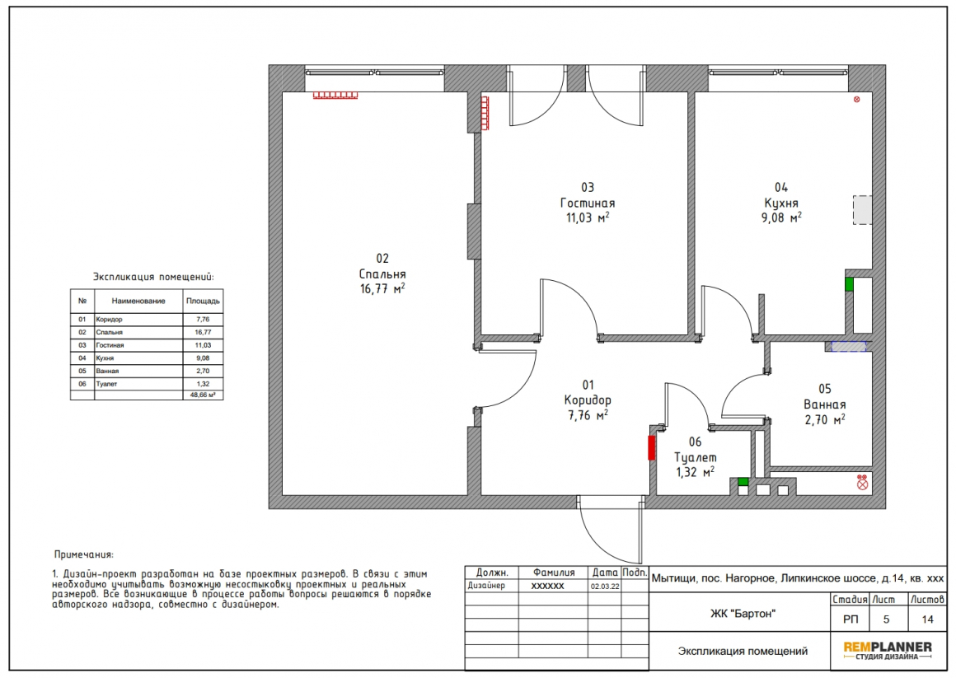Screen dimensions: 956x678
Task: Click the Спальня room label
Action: click(x=382, y=274)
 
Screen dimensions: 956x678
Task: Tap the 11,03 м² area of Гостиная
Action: click(x=588, y=217)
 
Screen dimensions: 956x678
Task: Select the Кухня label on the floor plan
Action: click(x=781, y=203)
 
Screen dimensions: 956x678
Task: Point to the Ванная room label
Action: click(x=824, y=404)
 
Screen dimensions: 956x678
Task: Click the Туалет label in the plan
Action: click(x=695, y=457)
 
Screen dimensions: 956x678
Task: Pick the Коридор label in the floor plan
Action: click(x=588, y=400)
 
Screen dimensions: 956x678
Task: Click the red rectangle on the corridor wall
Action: click(x=651, y=447)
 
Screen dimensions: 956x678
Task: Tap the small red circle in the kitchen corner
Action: click(x=856, y=100)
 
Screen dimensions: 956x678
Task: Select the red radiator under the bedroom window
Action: click(x=335, y=95)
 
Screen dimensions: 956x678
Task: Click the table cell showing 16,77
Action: click(x=203, y=332)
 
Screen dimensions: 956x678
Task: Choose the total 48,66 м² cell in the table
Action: click(x=203, y=395)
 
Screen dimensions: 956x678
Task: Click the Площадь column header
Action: click(x=203, y=301)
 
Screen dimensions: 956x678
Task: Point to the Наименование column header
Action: click(x=138, y=301)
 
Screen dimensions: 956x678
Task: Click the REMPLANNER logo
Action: click(x=888, y=650)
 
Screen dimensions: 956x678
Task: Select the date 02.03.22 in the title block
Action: click(x=605, y=586)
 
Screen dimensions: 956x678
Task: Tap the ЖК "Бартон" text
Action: click(x=742, y=614)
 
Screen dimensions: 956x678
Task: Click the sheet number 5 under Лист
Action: click(x=886, y=620)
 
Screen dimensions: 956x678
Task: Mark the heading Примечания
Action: click(x=83, y=554)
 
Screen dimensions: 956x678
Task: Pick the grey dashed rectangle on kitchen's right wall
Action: click(x=861, y=210)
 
